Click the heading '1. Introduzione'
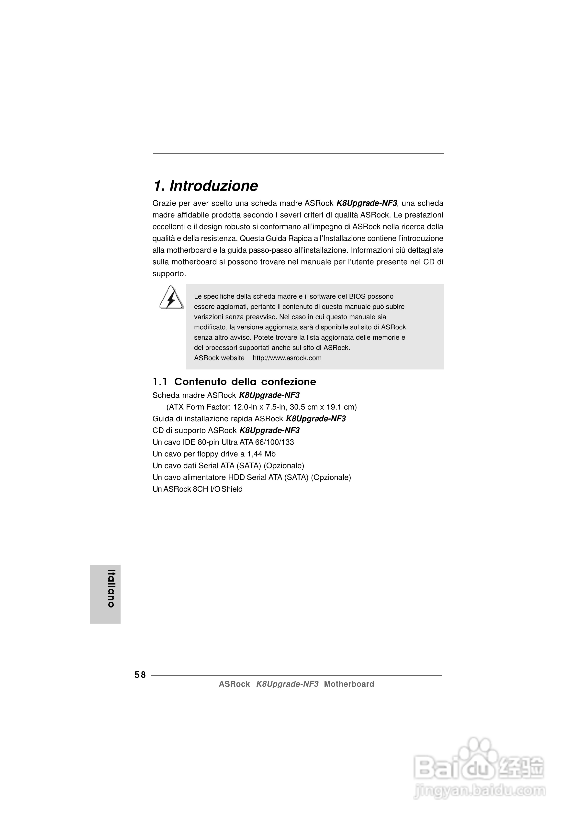[206, 186]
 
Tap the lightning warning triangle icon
[171, 298]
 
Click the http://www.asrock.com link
[287, 358]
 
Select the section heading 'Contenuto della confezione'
[245, 382]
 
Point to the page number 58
[140, 675]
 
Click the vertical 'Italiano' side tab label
[112, 588]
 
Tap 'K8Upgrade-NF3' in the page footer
[287, 684]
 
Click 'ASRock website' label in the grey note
[219, 358]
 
